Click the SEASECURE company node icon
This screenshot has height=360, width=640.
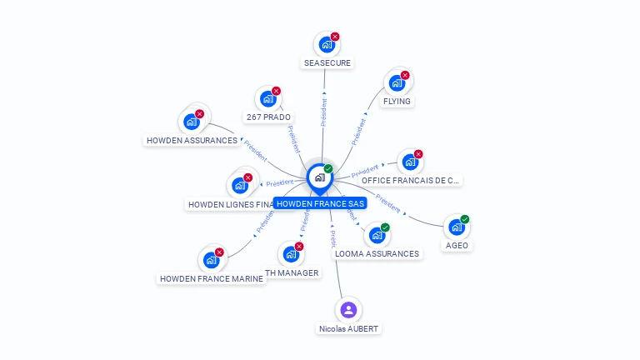click(326, 44)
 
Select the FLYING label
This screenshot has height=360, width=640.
click(397, 101)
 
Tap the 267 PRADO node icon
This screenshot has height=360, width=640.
click(267, 99)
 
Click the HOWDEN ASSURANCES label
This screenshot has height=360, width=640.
click(192, 140)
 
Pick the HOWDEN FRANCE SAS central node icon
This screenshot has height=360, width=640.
click(320, 177)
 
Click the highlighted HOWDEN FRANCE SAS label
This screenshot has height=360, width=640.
click(321, 203)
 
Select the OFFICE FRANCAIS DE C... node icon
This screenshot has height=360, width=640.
click(410, 162)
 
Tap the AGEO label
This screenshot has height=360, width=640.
click(457, 245)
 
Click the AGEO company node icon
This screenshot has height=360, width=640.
click(456, 227)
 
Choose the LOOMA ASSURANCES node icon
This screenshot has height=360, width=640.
click(377, 235)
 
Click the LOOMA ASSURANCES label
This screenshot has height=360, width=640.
click(377, 253)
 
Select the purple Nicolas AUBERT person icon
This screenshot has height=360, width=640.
click(348, 310)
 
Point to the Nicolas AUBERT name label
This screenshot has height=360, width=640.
click(348, 328)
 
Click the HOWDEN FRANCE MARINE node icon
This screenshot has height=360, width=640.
click(211, 260)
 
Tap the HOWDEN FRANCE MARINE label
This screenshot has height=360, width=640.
click(212, 278)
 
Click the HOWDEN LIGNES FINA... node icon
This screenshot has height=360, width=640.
click(239, 185)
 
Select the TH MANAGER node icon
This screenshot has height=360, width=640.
click(291, 254)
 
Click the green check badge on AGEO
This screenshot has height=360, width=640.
click(465, 219)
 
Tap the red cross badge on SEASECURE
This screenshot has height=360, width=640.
click(335, 37)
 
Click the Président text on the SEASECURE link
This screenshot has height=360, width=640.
click(323, 112)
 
